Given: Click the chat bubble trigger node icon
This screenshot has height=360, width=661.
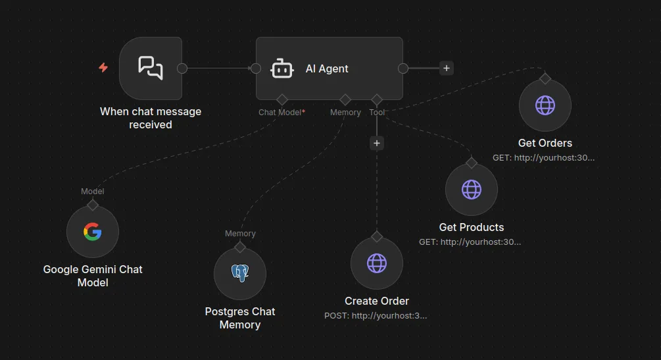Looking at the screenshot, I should tap(151, 68).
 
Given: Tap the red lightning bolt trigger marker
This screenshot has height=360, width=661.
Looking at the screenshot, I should tap(103, 68).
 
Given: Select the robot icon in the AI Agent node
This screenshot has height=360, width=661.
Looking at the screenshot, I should tap(282, 68).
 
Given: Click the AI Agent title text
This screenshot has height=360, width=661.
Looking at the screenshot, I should tap(327, 68).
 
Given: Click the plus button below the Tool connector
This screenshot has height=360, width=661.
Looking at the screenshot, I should tap(377, 143).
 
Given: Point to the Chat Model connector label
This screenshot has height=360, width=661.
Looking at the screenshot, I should tap(281, 113).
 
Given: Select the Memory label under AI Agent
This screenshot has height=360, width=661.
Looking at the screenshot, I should tap(345, 113).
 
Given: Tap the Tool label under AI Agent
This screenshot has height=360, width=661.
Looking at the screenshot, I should tap(377, 113).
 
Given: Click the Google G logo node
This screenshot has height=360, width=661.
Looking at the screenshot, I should tap(93, 232).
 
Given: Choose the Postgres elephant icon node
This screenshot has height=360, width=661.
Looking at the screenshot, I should tap(240, 273).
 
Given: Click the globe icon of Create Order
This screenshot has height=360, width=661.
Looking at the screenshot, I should tap(377, 263).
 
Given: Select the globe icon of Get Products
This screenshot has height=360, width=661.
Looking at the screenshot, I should tap(472, 190).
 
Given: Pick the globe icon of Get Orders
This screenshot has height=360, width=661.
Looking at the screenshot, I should tap(545, 105).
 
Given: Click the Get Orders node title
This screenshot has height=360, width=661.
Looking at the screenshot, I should tap(545, 143).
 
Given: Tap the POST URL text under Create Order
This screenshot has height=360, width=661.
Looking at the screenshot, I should tap(376, 315).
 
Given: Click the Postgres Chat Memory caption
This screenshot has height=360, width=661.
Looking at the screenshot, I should tap(240, 318).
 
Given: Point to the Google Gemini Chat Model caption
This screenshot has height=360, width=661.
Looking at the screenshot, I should tap(93, 276).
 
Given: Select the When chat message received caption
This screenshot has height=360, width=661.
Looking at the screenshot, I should tap(151, 118).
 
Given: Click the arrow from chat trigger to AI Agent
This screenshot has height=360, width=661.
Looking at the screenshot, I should tap(219, 68).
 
